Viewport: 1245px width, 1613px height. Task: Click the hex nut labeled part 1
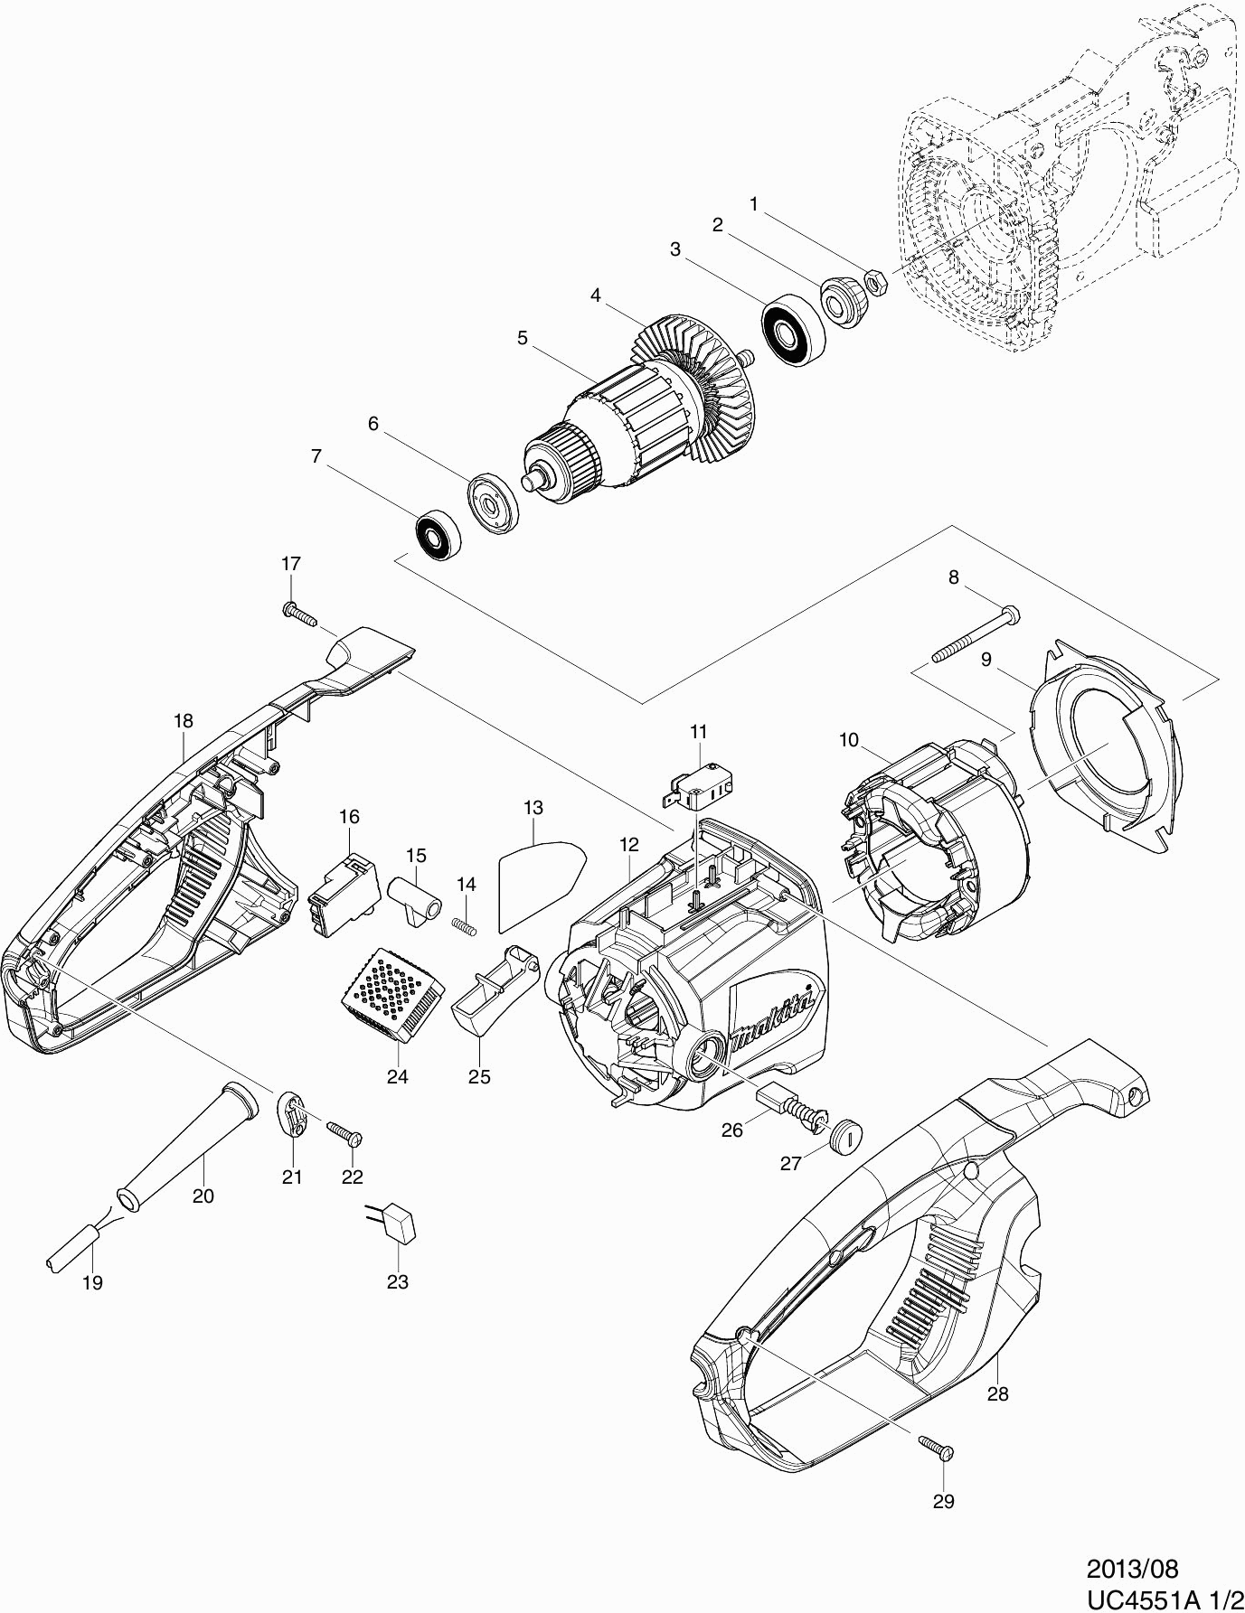coord(876,282)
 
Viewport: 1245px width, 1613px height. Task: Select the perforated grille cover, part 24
coord(393,997)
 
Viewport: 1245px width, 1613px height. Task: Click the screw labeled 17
coord(299,614)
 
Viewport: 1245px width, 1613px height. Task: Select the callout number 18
coord(184,721)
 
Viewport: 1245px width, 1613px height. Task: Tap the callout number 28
coord(997,1393)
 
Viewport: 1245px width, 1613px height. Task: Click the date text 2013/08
coord(1132,1566)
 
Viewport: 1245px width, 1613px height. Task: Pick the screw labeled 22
coord(344,1132)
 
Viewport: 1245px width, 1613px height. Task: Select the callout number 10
coord(848,740)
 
